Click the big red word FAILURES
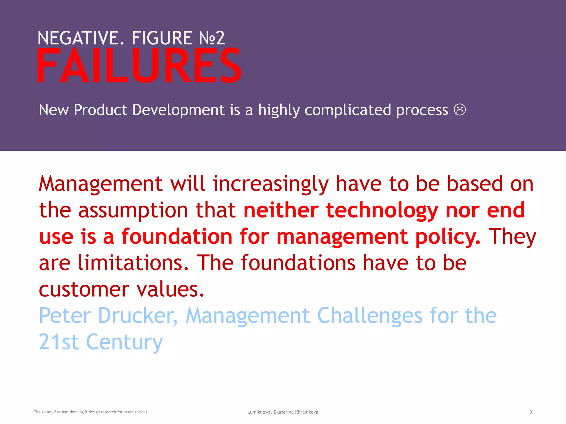coord(139,66)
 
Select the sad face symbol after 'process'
coord(460,110)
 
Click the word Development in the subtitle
coord(178,110)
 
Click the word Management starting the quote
coord(101,184)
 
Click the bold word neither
coord(281,210)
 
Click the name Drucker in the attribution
coord(137,316)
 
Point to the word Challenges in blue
coord(370,316)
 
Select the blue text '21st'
coord(59,342)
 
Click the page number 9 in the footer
coord(531,412)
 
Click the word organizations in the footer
coord(135,412)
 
